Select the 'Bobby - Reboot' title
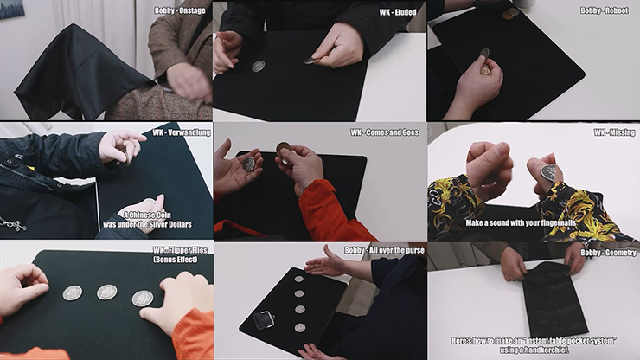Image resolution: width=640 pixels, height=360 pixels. (x=605, y=10)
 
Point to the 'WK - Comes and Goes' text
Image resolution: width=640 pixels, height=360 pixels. (x=386, y=132)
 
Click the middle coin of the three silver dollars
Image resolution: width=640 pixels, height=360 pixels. (x=106, y=292)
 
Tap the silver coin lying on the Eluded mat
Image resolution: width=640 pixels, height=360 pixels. (x=258, y=66)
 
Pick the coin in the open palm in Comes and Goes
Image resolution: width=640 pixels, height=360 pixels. (x=249, y=164)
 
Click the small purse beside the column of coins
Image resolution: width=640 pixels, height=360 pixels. (x=264, y=319)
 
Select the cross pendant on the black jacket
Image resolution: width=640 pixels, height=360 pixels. (x=12, y=224)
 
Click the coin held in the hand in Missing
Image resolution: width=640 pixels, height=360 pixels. (x=548, y=172)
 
